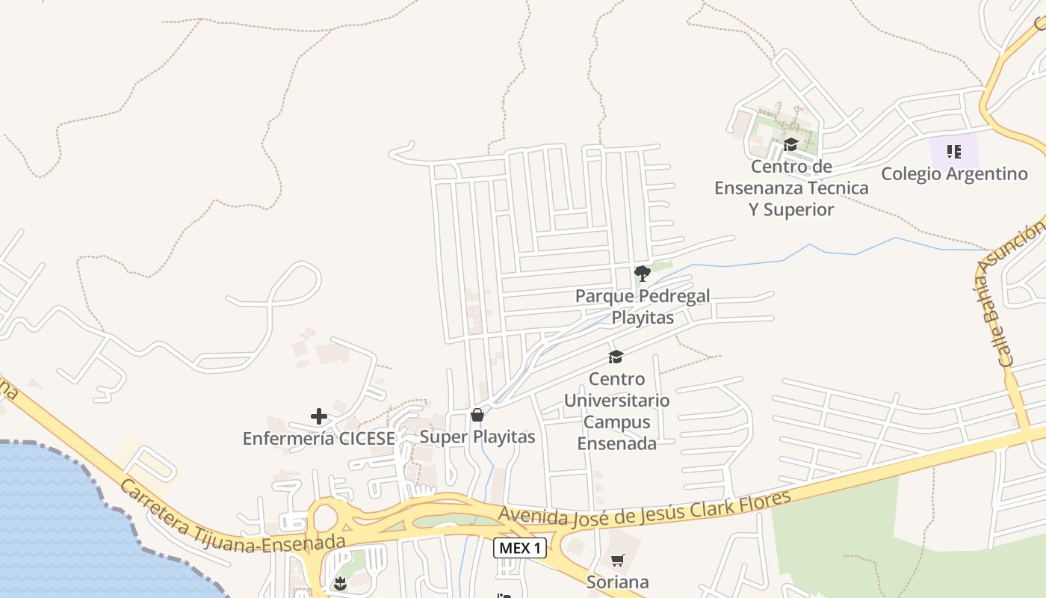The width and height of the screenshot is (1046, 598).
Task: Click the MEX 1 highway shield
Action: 520,548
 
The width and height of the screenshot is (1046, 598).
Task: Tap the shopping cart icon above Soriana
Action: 617,560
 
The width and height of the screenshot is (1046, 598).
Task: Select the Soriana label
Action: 617,582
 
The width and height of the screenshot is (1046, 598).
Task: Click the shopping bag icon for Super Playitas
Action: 477,415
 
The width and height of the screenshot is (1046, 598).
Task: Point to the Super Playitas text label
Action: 477,437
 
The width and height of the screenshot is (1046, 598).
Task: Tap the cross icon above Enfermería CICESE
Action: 319,416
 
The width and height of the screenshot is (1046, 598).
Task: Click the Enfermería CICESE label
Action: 319,439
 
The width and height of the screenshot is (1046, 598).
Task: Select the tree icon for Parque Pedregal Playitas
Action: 642,273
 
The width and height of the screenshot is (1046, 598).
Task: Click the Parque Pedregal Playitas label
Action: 643,306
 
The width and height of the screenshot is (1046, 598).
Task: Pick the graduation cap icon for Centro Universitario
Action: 616,357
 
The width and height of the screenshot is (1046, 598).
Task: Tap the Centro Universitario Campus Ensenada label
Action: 616,411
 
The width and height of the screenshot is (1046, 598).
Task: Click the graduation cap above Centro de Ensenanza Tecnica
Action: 790,144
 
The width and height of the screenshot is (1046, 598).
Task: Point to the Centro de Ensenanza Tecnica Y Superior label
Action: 791,188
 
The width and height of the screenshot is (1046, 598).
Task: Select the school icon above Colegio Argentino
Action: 954,152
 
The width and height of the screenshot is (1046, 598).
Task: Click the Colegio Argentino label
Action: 954,174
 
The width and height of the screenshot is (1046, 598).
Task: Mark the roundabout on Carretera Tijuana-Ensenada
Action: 324,518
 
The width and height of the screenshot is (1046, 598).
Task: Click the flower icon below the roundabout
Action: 341,583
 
